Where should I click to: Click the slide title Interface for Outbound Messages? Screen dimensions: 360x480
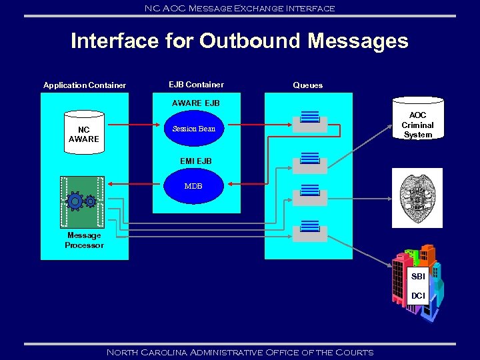pos(239,41)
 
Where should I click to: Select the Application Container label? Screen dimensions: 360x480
pos(85,85)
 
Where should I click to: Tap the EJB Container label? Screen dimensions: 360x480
pos(196,85)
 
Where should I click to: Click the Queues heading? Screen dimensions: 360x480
pos(307,85)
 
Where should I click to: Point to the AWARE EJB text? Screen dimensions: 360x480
pos(195,103)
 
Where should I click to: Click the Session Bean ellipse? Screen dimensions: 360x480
pos(194,129)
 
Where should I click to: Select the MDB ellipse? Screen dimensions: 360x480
pos(193,186)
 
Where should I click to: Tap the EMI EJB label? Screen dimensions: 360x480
pos(195,161)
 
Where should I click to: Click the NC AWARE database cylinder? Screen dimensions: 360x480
pos(83,134)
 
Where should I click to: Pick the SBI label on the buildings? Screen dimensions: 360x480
pos(418,276)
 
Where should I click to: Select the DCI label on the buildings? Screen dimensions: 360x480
pos(418,295)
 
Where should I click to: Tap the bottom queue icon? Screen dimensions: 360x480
pos(310,231)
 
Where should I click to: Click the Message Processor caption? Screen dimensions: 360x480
pos(84,241)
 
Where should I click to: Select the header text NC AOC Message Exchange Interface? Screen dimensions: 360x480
pos(239,8)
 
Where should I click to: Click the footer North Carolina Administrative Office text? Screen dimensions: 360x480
pos(239,352)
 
